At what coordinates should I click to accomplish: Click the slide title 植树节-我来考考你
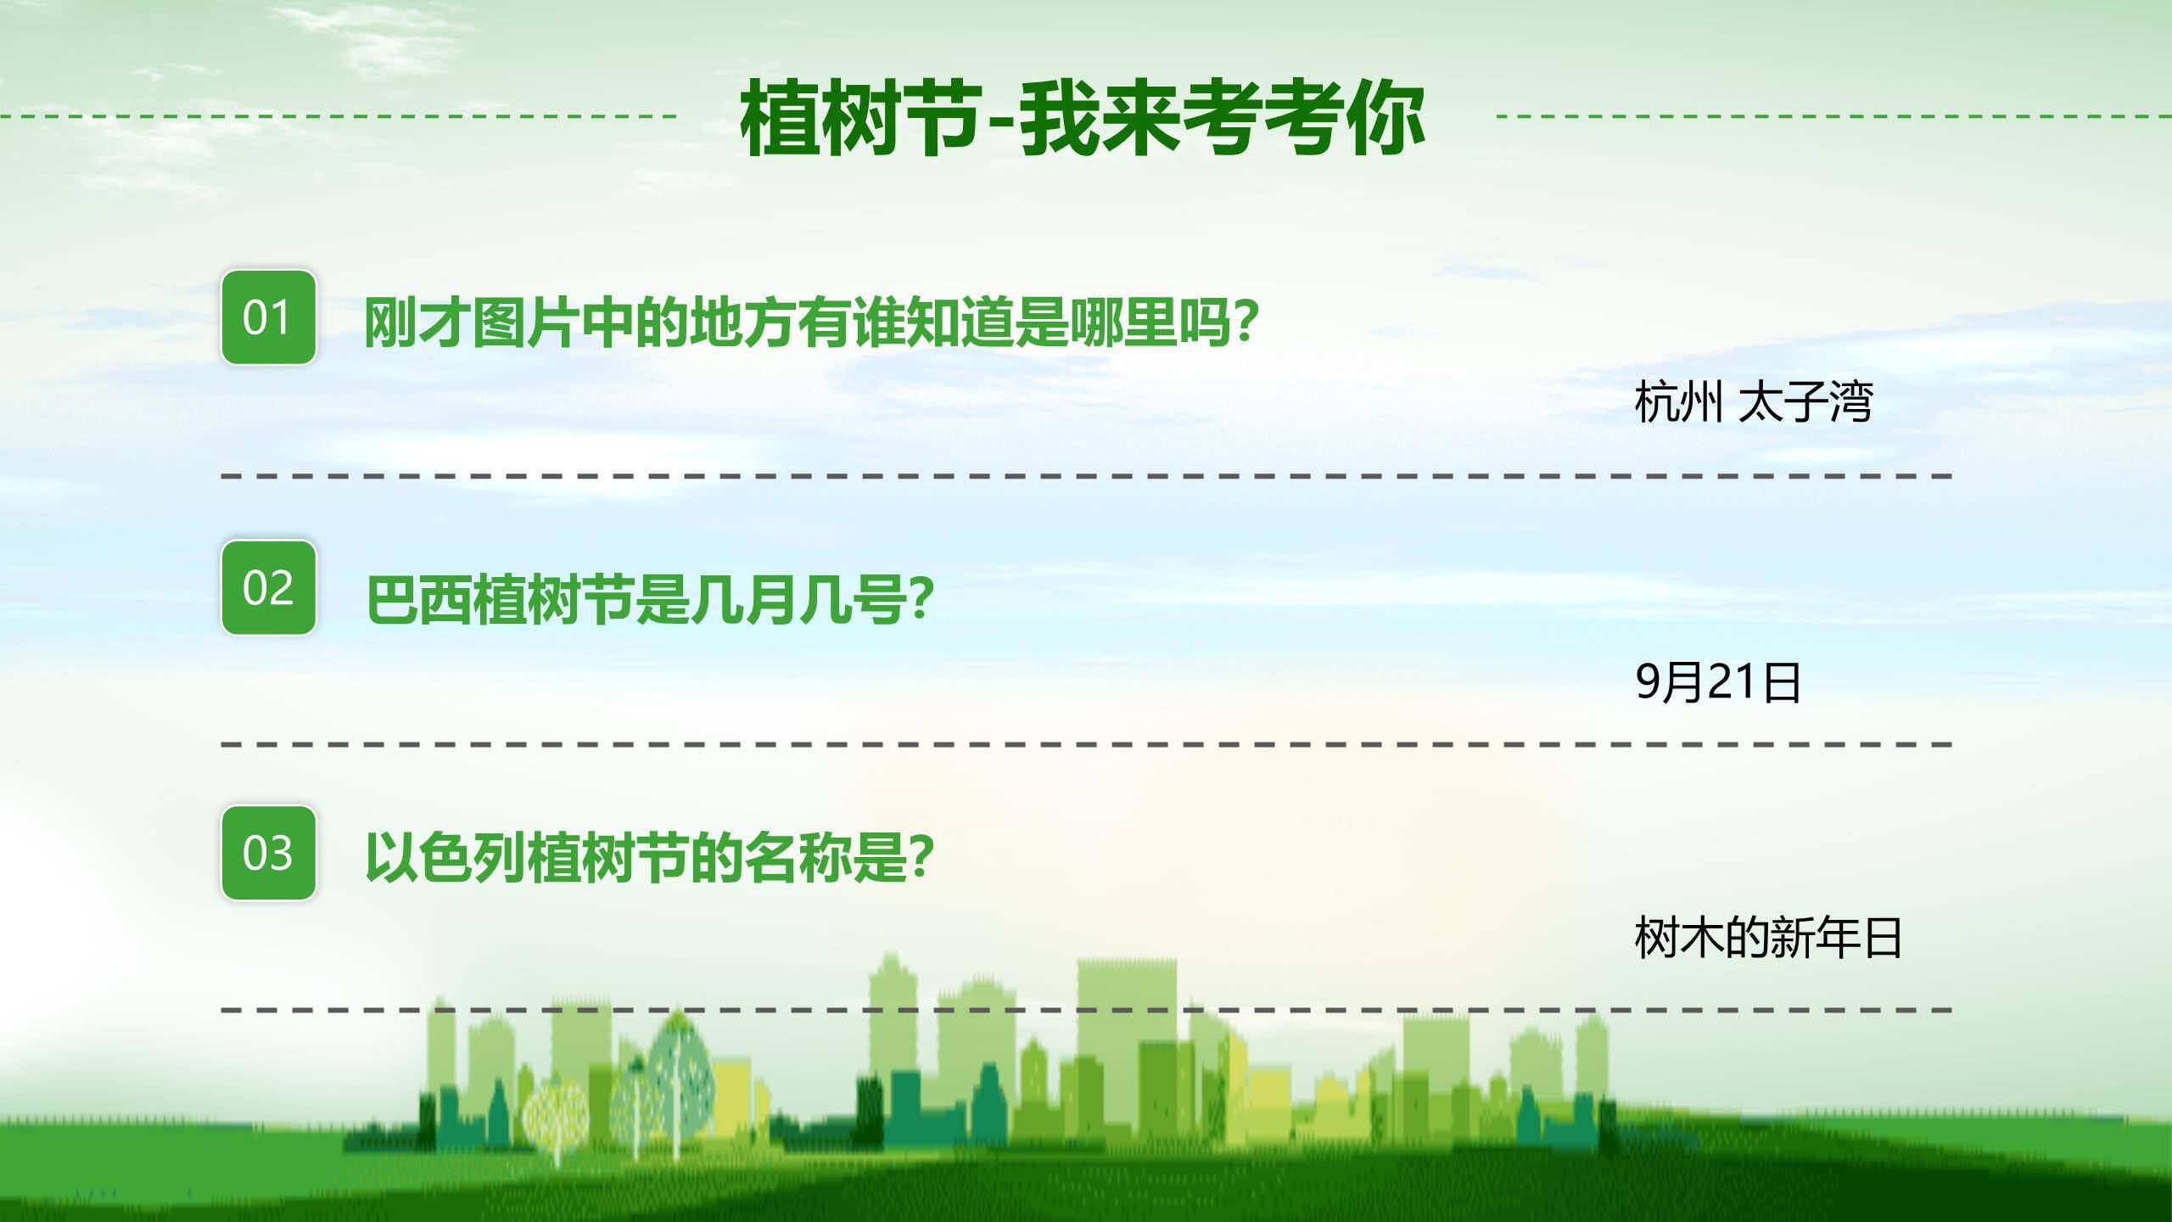coord(1082,119)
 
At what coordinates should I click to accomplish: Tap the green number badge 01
coord(268,317)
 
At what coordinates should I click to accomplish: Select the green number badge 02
coord(268,587)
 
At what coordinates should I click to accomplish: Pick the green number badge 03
coord(268,853)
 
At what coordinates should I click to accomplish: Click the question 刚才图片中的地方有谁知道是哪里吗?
coord(810,322)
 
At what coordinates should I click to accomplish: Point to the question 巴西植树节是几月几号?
coord(650,599)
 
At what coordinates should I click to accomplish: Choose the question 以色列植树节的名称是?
coord(650,857)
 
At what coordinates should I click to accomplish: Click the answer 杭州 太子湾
coord(1753,402)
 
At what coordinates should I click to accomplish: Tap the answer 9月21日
coord(1717,681)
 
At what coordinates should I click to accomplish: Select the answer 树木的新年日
coord(1767,938)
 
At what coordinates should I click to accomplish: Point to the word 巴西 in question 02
coord(418,599)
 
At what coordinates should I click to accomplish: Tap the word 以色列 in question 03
coord(445,857)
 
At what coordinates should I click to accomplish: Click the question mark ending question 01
coord(1242,322)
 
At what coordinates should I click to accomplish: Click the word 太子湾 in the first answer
coord(1805,402)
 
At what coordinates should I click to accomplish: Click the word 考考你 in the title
coord(1302,119)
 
